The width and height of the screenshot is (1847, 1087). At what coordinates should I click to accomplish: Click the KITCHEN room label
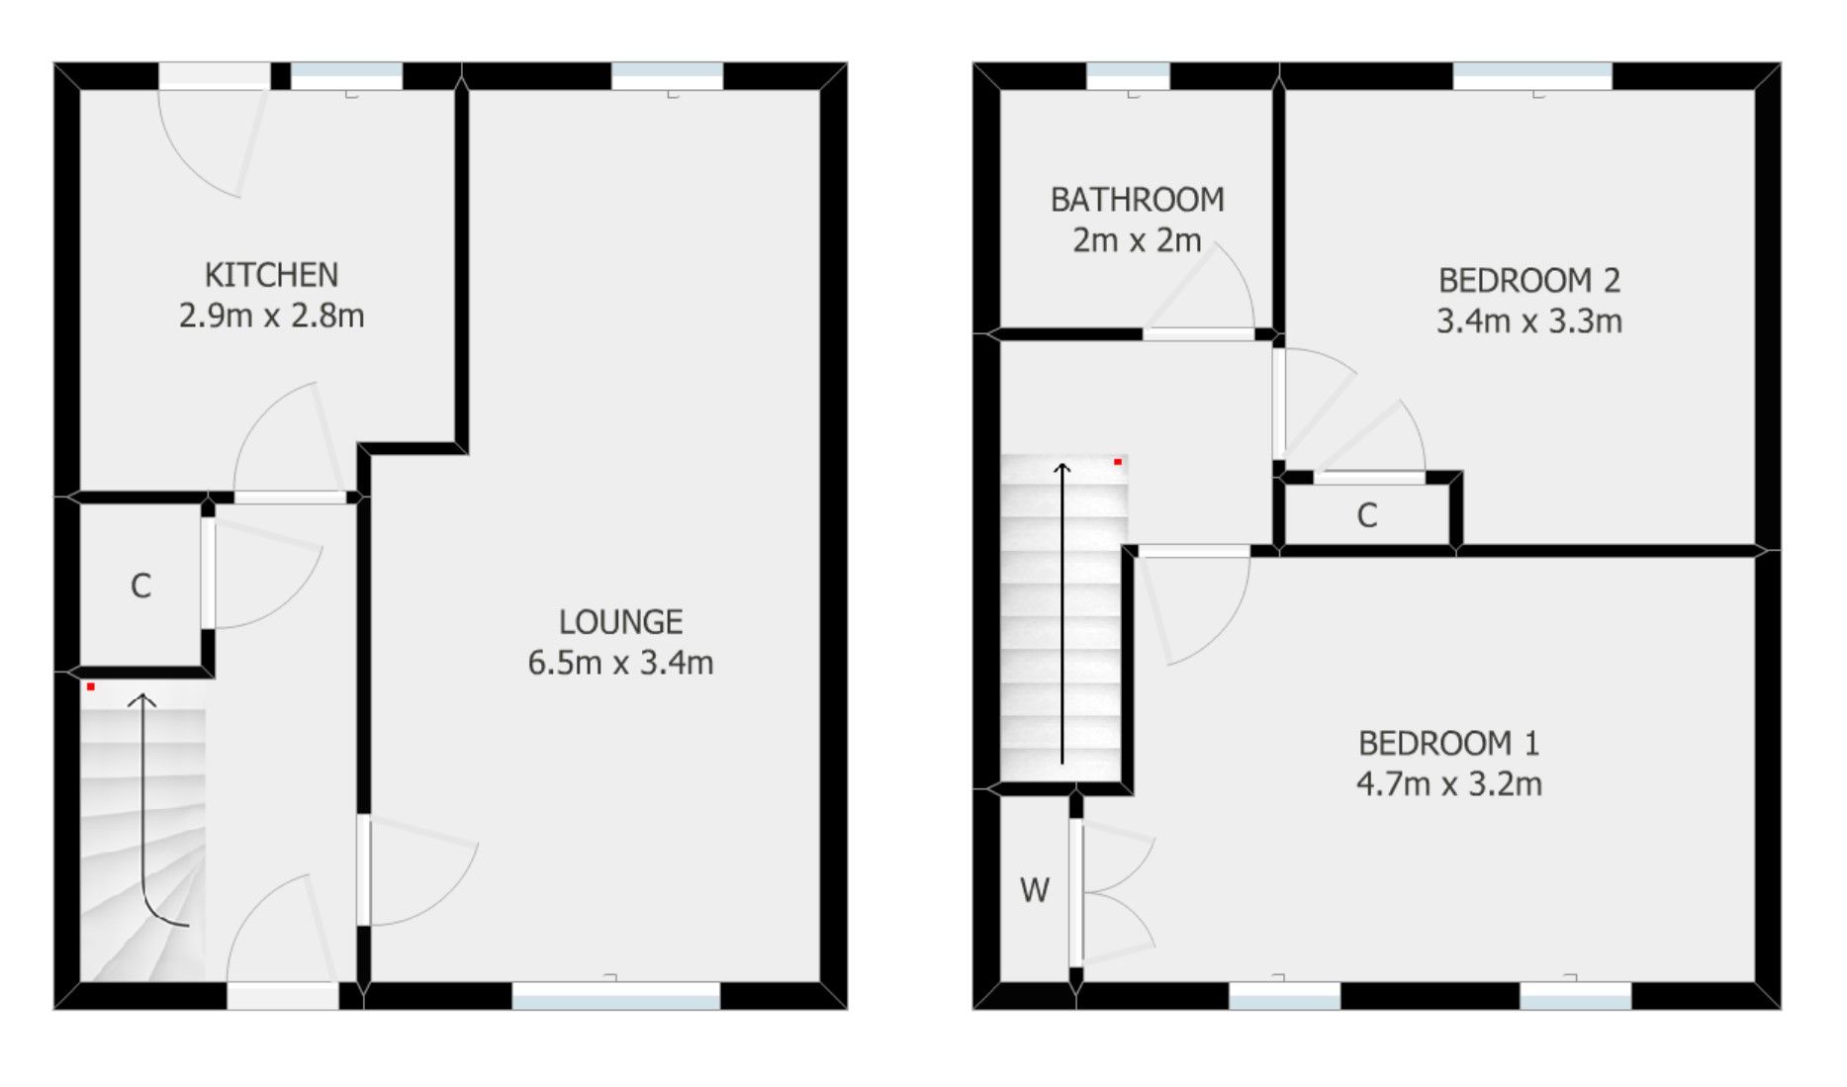point(271,274)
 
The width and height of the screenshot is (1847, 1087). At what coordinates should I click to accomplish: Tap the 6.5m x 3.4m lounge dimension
point(620,663)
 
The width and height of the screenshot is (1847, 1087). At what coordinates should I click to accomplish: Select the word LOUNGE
point(620,621)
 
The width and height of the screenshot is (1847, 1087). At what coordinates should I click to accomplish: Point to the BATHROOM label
point(1137,200)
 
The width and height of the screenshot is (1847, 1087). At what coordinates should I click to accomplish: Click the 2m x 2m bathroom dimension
point(1137,240)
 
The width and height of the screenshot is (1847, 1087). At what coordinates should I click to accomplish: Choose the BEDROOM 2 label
point(1528,281)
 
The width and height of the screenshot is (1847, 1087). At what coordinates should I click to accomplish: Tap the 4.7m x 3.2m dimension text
point(1448,784)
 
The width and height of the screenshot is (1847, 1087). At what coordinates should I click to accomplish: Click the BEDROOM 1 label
point(1448,743)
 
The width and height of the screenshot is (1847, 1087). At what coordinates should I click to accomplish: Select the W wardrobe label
point(1034,890)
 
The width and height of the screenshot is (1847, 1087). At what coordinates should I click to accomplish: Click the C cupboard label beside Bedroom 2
point(1366,515)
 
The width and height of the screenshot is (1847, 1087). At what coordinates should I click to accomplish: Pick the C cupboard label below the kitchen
point(140,587)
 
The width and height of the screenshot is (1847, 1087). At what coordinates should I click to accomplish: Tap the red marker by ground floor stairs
point(91,686)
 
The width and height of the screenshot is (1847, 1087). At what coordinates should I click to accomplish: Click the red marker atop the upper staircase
point(1118,462)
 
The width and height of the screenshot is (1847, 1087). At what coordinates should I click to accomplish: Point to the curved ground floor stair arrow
point(148,811)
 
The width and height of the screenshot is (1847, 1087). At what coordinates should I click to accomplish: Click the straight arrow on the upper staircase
point(1062,613)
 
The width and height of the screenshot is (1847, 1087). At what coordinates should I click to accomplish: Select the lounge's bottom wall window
point(615,996)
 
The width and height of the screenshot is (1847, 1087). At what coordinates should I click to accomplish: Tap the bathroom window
point(1128,76)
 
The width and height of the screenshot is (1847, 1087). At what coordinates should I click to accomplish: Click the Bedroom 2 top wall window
point(1532,76)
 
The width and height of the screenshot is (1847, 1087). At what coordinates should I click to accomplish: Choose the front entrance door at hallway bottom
point(283,995)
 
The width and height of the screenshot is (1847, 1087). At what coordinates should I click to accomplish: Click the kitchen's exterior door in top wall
point(215,76)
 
